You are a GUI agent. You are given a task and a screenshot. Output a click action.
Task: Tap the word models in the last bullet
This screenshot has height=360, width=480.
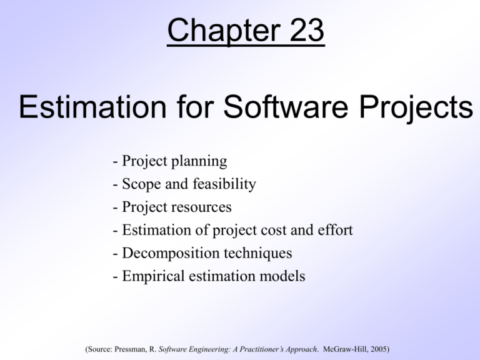tap(282, 276)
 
